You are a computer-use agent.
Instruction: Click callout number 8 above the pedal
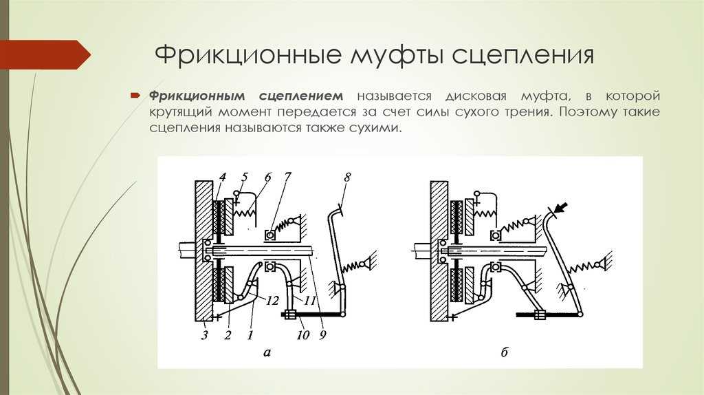click(347, 178)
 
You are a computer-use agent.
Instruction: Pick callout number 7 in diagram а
click(287, 178)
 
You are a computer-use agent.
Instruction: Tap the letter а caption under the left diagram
click(267, 353)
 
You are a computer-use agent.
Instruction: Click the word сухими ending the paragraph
click(376, 128)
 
